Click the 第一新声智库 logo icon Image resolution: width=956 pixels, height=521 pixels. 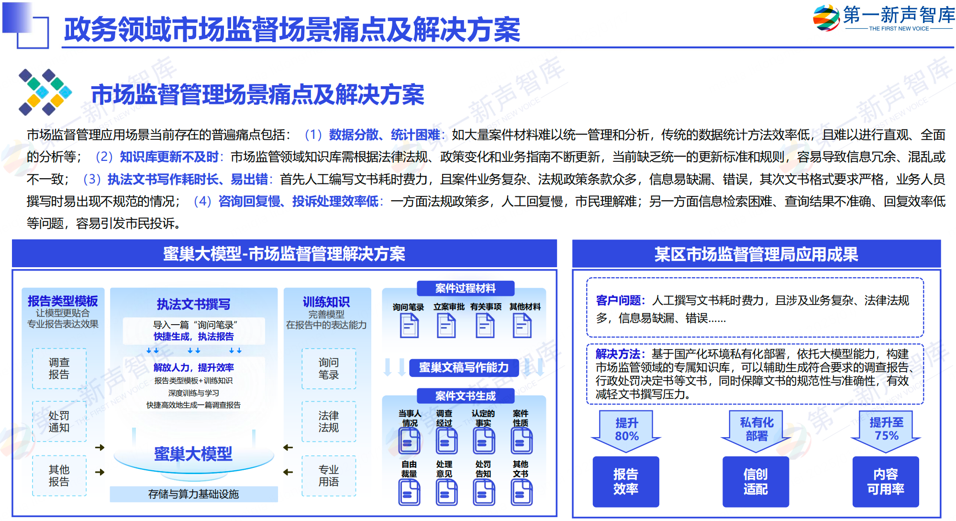tap(826, 18)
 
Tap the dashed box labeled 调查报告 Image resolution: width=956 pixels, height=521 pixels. tap(59, 368)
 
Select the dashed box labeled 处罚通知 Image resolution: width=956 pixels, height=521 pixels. tap(59, 421)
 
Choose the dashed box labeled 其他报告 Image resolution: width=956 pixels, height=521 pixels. tap(59, 476)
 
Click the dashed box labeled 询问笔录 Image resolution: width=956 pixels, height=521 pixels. tap(329, 368)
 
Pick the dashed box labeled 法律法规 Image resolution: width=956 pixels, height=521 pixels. tap(329, 421)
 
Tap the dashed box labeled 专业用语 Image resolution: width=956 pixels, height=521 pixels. tap(329, 476)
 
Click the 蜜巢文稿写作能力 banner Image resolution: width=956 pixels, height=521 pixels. tap(464, 367)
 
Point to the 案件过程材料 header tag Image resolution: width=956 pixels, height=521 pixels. tap(466, 288)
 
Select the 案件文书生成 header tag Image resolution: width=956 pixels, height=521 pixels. tap(466, 396)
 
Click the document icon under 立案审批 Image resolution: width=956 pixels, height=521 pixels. tap(446, 326)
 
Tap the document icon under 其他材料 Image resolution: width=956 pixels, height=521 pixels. tap(522, 326)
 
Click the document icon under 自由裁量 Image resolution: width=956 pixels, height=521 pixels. tap(410, 492)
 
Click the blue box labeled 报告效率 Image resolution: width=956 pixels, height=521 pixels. tap(626, 482)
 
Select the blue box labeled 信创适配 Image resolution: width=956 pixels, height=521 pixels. tap(756, 482)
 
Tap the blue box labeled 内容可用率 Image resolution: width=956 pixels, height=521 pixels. tap(886, 482)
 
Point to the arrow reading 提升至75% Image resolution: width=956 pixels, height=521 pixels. tap(886, 431)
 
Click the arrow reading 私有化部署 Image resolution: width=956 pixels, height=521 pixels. tap(756, 431)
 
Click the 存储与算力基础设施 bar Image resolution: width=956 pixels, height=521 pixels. tap(194, 494)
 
